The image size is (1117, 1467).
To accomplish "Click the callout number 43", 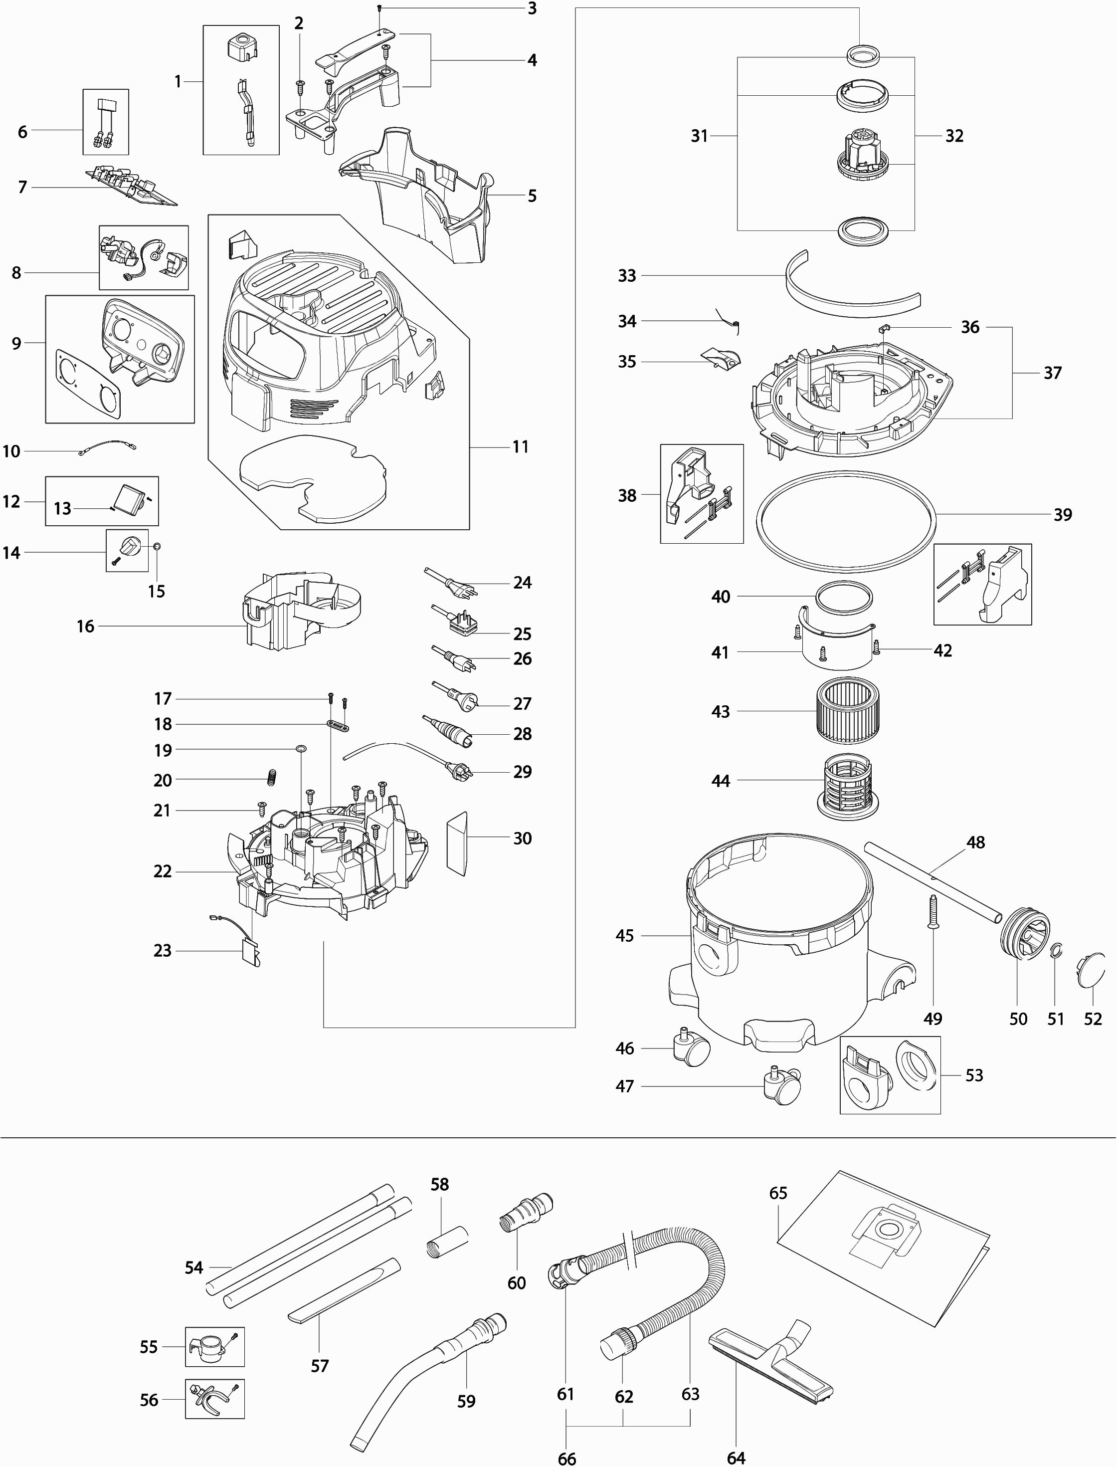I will pos(720,712).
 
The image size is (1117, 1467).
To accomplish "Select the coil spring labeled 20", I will pos(271,775).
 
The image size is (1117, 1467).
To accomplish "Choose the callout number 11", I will pos(520,447).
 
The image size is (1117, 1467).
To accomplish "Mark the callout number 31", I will pos(699,136).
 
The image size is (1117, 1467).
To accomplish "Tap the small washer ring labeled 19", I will pos(301,749).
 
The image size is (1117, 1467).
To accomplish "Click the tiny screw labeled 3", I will pos(378,8).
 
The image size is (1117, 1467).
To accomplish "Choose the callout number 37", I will pos(1052,373).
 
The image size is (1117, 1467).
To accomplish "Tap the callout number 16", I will pos(85,627).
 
